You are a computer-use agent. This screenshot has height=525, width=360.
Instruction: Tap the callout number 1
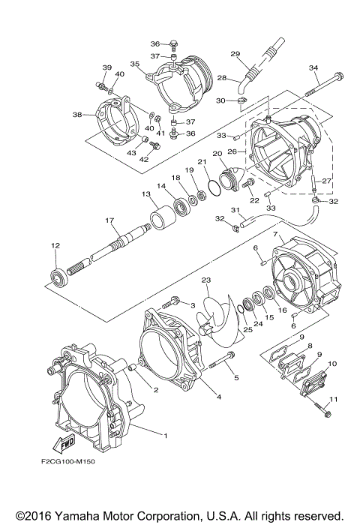click(166, 434)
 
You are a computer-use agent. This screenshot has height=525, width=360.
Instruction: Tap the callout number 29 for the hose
click(234, 54)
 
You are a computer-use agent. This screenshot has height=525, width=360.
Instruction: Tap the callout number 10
click(332, 364)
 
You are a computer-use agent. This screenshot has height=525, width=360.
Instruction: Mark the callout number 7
click(276, 235)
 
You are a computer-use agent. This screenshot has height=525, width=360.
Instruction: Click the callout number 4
click(218, 396)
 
